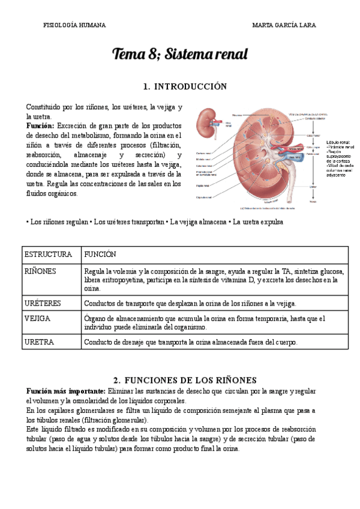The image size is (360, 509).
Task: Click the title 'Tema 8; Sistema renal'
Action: [179, 55]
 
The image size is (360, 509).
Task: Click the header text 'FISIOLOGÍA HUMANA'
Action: [75, 25]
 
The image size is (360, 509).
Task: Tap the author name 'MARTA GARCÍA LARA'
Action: [284, 25]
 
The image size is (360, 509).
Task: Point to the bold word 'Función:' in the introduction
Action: [40, 126]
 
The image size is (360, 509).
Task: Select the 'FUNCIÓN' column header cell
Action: [100, 255]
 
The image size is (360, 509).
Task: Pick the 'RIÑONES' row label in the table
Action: [40, 271]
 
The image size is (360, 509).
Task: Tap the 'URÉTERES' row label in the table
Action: [43, 303]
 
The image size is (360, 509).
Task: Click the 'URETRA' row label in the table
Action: [40, 342]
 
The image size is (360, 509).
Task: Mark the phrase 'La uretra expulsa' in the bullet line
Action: [259, 222]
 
